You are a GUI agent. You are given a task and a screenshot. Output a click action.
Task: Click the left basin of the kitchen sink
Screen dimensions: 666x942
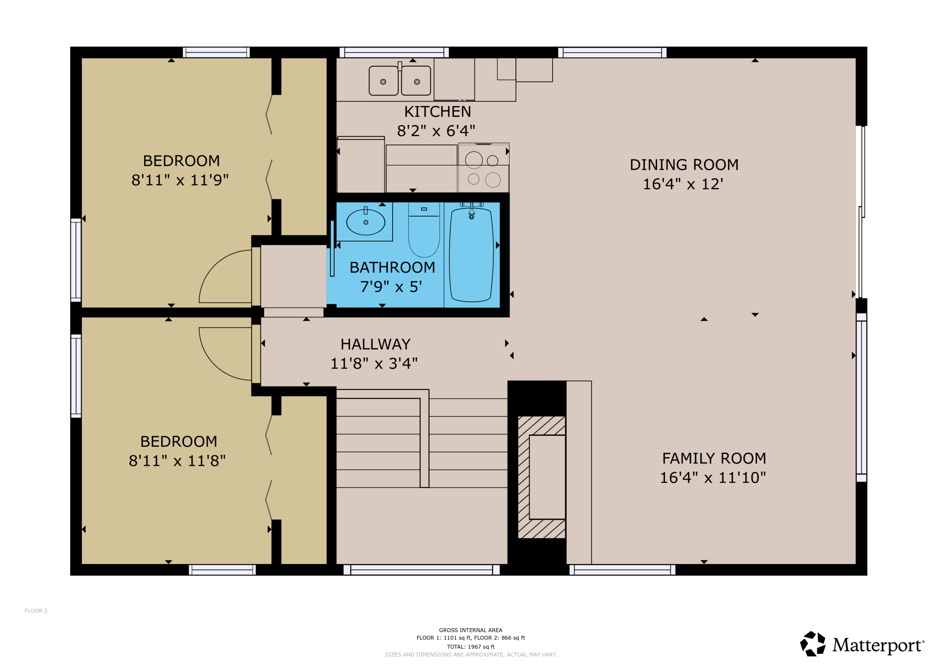click(383, 81)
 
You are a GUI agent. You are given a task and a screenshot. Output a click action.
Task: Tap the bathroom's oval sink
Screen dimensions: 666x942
click(365, 222)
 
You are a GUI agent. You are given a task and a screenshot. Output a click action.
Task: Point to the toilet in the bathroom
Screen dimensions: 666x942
click(424, 236)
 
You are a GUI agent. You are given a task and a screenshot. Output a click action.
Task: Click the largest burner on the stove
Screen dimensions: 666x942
click(474, 160)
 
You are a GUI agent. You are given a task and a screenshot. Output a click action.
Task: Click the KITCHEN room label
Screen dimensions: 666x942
click(437, 111)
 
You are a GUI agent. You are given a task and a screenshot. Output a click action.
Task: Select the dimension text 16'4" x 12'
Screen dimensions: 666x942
click(683, 184)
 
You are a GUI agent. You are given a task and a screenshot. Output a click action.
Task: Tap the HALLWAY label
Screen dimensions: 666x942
click(375, 344)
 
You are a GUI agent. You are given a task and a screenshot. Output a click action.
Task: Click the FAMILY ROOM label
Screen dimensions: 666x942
click(714, 458)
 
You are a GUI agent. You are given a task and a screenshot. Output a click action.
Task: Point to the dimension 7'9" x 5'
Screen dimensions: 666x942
click(391, 287)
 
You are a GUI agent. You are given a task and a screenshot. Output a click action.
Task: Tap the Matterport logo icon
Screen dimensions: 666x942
click(813, 644)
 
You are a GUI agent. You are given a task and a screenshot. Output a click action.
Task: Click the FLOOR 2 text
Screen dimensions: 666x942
click(36, 611)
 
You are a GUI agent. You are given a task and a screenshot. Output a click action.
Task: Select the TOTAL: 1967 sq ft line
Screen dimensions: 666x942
click(471, 647)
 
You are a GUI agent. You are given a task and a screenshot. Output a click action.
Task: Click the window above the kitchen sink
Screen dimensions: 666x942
click(394, 52)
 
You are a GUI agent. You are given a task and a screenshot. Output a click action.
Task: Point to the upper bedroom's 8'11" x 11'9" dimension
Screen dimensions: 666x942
click(180, 180)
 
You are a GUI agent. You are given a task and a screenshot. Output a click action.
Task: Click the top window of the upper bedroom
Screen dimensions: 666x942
click(216, 52)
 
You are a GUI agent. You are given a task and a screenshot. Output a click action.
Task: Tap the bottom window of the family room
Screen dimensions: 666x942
click(622, 570)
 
